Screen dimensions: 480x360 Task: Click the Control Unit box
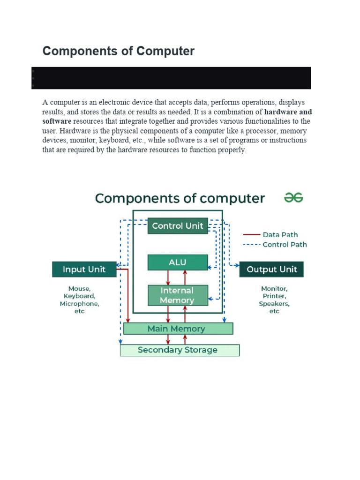(178, 226)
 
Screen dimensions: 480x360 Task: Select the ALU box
(178, 262)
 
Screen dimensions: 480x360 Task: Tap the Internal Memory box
(178, 295)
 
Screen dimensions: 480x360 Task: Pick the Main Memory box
(178, 329)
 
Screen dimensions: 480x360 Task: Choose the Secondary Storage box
(180, 350)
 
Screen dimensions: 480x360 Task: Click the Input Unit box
(84, 270)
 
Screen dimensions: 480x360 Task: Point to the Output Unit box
(272, 270)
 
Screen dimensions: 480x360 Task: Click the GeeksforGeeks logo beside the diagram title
(294, 198)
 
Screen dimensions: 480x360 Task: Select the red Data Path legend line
(251, 235)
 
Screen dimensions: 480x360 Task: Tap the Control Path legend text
(285, 244)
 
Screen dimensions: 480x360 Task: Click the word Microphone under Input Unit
(79, 304)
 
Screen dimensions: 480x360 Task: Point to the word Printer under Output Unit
(274, 296)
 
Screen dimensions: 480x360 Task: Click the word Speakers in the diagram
(274, 304)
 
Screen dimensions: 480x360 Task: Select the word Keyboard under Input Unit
(79, 296)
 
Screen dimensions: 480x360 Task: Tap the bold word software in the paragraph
(57, 121)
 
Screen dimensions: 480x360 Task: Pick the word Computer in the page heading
(165, 51)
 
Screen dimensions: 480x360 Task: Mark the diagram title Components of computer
(180, 199)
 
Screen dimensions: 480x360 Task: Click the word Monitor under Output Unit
(274, 289)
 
